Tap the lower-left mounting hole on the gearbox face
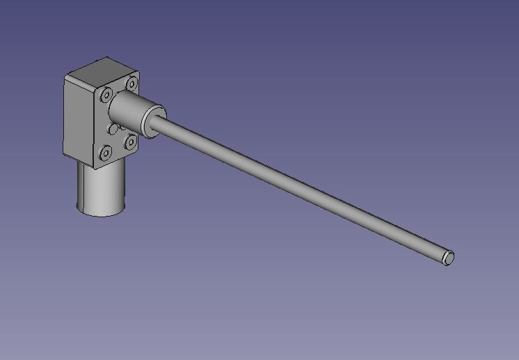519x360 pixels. [106, 152]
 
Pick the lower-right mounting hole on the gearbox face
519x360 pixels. [130, 141]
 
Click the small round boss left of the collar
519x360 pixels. [112, 130]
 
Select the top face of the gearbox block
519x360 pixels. [104, 71]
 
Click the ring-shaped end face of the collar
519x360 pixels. [154, 119]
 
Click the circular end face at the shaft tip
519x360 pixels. [449, 258]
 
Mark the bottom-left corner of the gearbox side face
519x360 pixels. [64, 155]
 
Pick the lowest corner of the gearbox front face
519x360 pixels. [95, 169]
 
